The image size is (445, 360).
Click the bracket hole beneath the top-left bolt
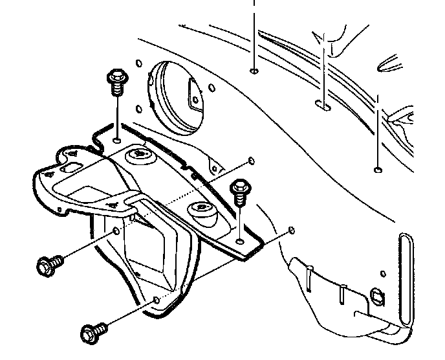(x=116, y=140)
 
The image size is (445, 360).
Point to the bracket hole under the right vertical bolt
(x=241, y=241)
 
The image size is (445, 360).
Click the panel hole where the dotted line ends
(x=250, y=159)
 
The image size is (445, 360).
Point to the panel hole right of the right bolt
(x=292, y=229)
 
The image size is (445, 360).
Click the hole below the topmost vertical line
(x=254, y=71)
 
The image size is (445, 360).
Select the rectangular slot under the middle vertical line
(x=321, y=103)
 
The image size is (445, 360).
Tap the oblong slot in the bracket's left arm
(x=69, y=168)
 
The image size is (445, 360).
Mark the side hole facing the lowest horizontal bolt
(x=157, y=300)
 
